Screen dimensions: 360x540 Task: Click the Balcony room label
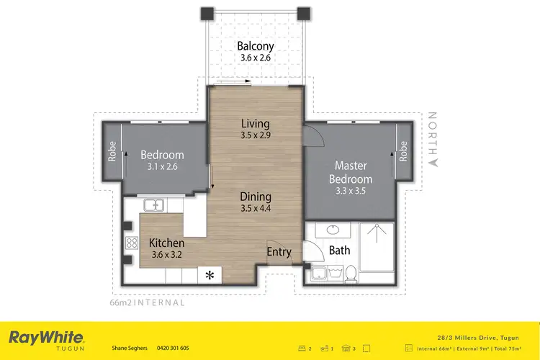pyautogui.click(x=256, y=47)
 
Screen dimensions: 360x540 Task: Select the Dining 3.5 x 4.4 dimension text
pyautogui.click(x=256, y=209)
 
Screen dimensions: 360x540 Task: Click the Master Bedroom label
pyautogui.click(x=351, y=173)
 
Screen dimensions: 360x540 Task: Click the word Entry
pyautogui.click(x=279, y=252)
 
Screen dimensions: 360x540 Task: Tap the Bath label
pyautogui.click(x=339, y=251)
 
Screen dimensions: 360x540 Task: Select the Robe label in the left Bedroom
pyautogui.click(x=112, y=153)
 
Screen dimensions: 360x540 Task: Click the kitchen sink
pyautogui.click(x=155, y=206)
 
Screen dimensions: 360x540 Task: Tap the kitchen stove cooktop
pyautogui.click(x=132, y=243)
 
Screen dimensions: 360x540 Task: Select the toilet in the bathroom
pyautogui.click(x=351, y=274)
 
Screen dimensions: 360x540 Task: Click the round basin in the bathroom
pyautogui.click(x=333, y=230)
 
